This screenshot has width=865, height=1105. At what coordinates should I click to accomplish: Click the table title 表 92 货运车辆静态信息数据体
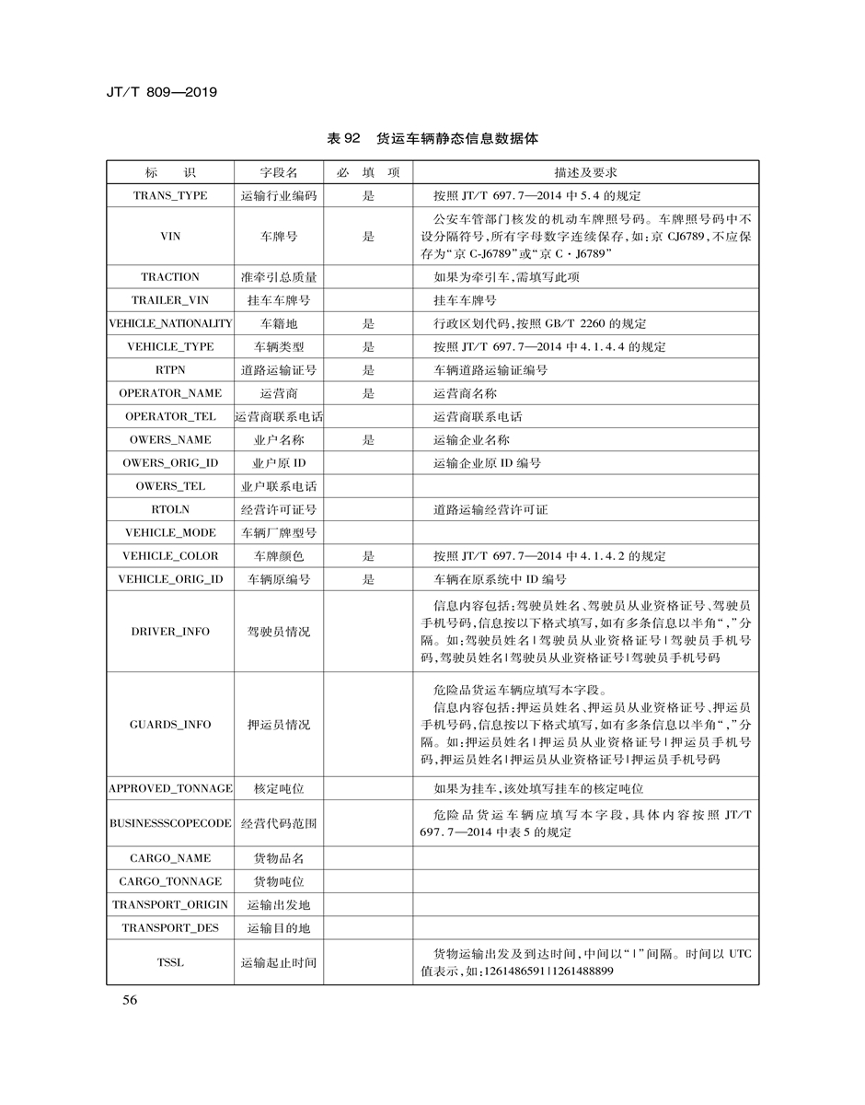click(432, 138)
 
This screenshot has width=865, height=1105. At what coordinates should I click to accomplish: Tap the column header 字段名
click(278, 172)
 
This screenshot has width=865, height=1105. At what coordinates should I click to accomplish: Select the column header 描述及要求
click(585, 172)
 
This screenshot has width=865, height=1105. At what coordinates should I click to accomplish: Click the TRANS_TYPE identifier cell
click(170, 195)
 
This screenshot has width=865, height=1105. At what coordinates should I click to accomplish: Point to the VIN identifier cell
click(170, 236)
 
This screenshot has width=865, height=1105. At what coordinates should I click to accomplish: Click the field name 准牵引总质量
click(278, 277)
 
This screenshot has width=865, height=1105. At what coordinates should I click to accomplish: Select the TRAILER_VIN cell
click(170, 300)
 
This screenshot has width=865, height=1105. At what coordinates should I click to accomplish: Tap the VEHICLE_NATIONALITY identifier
click(170, 323)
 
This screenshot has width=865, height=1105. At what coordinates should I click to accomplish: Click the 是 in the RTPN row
click(368, 370)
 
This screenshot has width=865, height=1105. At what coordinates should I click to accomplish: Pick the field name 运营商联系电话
click(278, 416)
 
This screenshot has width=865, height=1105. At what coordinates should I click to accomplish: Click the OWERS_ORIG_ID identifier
click(170, 462)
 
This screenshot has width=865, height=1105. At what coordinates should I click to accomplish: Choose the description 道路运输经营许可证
click(490, 509)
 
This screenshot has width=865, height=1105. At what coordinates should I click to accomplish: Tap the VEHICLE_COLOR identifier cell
click(170, 556)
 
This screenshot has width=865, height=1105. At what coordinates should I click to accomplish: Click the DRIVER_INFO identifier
click(170, 632)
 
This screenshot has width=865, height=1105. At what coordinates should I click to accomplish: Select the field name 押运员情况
click(278, 725)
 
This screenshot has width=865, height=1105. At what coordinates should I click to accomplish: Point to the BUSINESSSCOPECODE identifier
click(170, 823)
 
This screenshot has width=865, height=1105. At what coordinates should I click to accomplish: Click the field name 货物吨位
click(278, 881)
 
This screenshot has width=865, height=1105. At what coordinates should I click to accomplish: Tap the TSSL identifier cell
click(170, 962)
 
